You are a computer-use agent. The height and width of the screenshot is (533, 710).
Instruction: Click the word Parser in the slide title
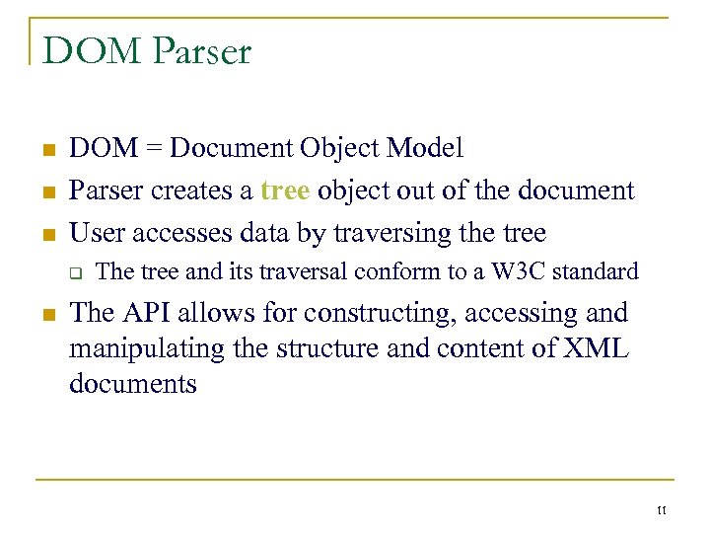coord(203,50)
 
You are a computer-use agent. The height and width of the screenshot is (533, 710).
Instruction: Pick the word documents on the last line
coord(133,383)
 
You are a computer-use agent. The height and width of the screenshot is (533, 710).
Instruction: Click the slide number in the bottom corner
coord(661,510)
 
